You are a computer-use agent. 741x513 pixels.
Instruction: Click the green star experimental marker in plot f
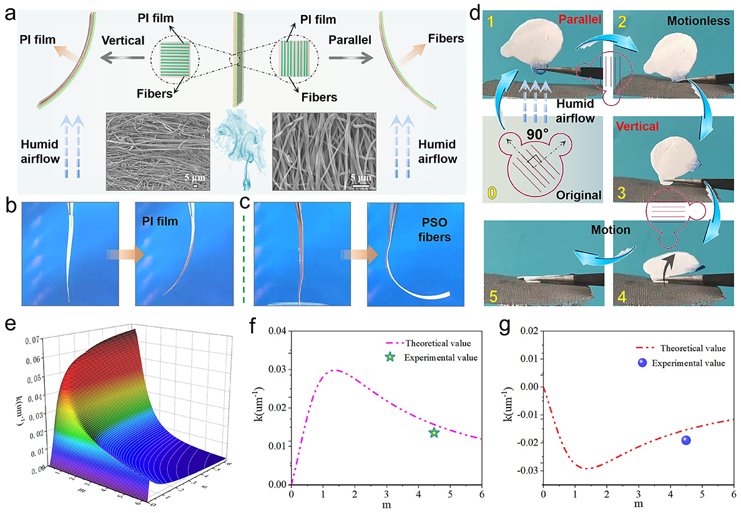point(434,432)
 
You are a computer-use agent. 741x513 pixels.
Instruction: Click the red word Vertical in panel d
point(640,127)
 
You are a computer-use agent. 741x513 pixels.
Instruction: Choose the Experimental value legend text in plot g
point(689,363)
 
